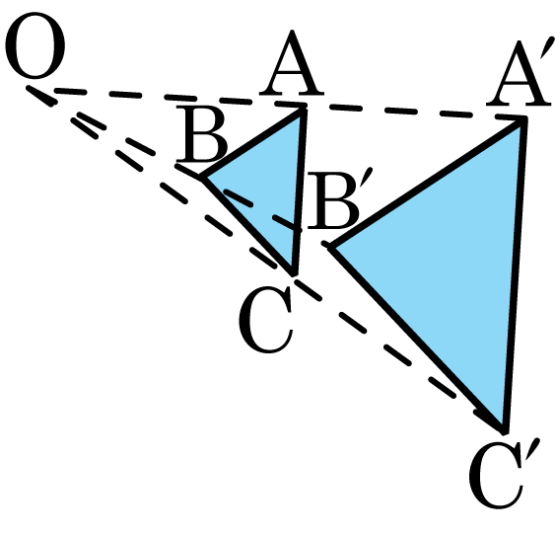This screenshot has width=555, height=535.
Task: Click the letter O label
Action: tap(35, 45)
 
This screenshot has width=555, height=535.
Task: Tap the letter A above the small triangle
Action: tap(292, 64)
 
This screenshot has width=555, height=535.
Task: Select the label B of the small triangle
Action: tap(200, 133)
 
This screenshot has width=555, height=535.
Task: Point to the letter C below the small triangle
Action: tap(266, 319)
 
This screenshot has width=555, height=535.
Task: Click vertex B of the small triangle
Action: tap(202, 177)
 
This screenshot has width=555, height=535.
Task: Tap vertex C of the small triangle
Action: tap(294, 273)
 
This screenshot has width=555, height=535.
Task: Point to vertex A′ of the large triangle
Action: tap(524, 118)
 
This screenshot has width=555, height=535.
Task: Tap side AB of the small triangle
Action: tap(253, 142)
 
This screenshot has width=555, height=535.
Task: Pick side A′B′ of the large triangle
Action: tap(428, 183)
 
